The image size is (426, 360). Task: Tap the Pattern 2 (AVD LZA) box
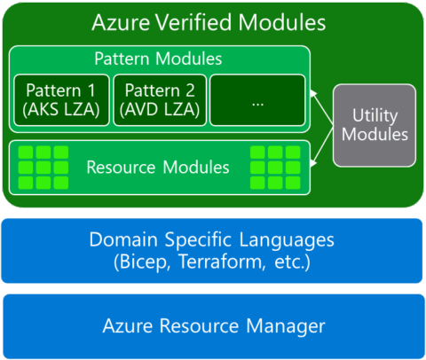[160, 100]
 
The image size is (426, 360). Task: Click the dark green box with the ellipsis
[257, 100]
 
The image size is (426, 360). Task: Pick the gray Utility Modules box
[375, 125]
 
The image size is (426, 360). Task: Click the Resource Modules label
[158, 167]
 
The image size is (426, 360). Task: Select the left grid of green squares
[43, 167]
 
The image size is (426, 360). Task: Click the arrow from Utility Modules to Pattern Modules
[321, 97]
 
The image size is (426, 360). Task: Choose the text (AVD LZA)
[160, 111]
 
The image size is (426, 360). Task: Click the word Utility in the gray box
[375, 115]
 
